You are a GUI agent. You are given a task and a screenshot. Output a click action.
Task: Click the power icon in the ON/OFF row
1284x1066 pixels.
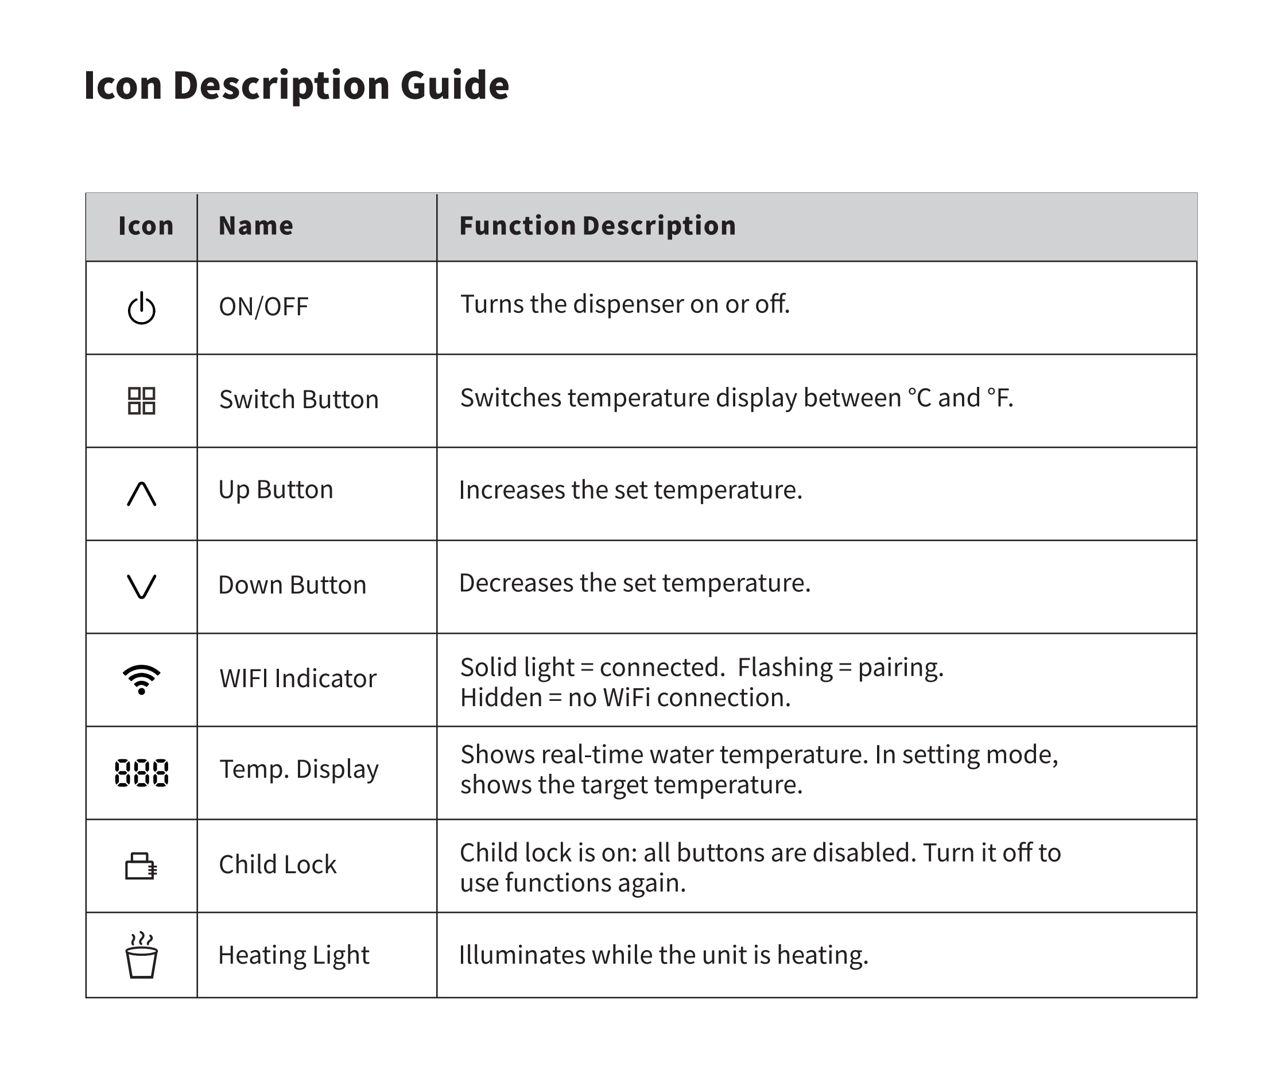pos(141,308)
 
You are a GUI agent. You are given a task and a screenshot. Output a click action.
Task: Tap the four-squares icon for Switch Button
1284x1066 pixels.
pos(141,401)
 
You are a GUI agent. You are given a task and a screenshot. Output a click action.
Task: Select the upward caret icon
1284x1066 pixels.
pos(141,494)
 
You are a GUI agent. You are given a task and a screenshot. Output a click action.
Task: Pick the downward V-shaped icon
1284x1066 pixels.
pos(141,587)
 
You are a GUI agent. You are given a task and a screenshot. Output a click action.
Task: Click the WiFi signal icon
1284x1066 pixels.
pos(141,680)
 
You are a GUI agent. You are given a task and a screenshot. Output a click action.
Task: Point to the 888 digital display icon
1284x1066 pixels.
pos(141,773)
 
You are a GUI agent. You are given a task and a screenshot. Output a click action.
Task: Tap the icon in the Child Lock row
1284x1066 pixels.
pos(141,866)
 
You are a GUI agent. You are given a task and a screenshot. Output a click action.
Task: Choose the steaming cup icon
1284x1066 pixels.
pos(141,955)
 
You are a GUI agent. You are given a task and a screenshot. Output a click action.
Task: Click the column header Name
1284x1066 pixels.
pos(255,226)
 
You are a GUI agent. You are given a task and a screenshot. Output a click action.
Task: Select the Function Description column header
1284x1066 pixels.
pos(598,226)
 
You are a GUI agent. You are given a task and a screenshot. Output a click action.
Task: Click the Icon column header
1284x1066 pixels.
pos(146,226)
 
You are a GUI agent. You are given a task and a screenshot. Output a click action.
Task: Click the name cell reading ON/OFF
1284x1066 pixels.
pos(263,307)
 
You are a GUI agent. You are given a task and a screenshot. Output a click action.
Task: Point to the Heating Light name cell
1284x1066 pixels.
pos(293,955)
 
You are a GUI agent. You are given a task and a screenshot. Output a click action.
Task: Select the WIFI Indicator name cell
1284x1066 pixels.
pos(298,679)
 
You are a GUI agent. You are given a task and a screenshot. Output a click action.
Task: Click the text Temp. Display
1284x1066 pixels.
pos(299,769)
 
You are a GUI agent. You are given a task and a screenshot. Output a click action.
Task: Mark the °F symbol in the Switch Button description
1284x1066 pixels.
pos(999,398)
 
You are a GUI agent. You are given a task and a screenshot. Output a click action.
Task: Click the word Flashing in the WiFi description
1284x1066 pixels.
pos(785,667)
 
